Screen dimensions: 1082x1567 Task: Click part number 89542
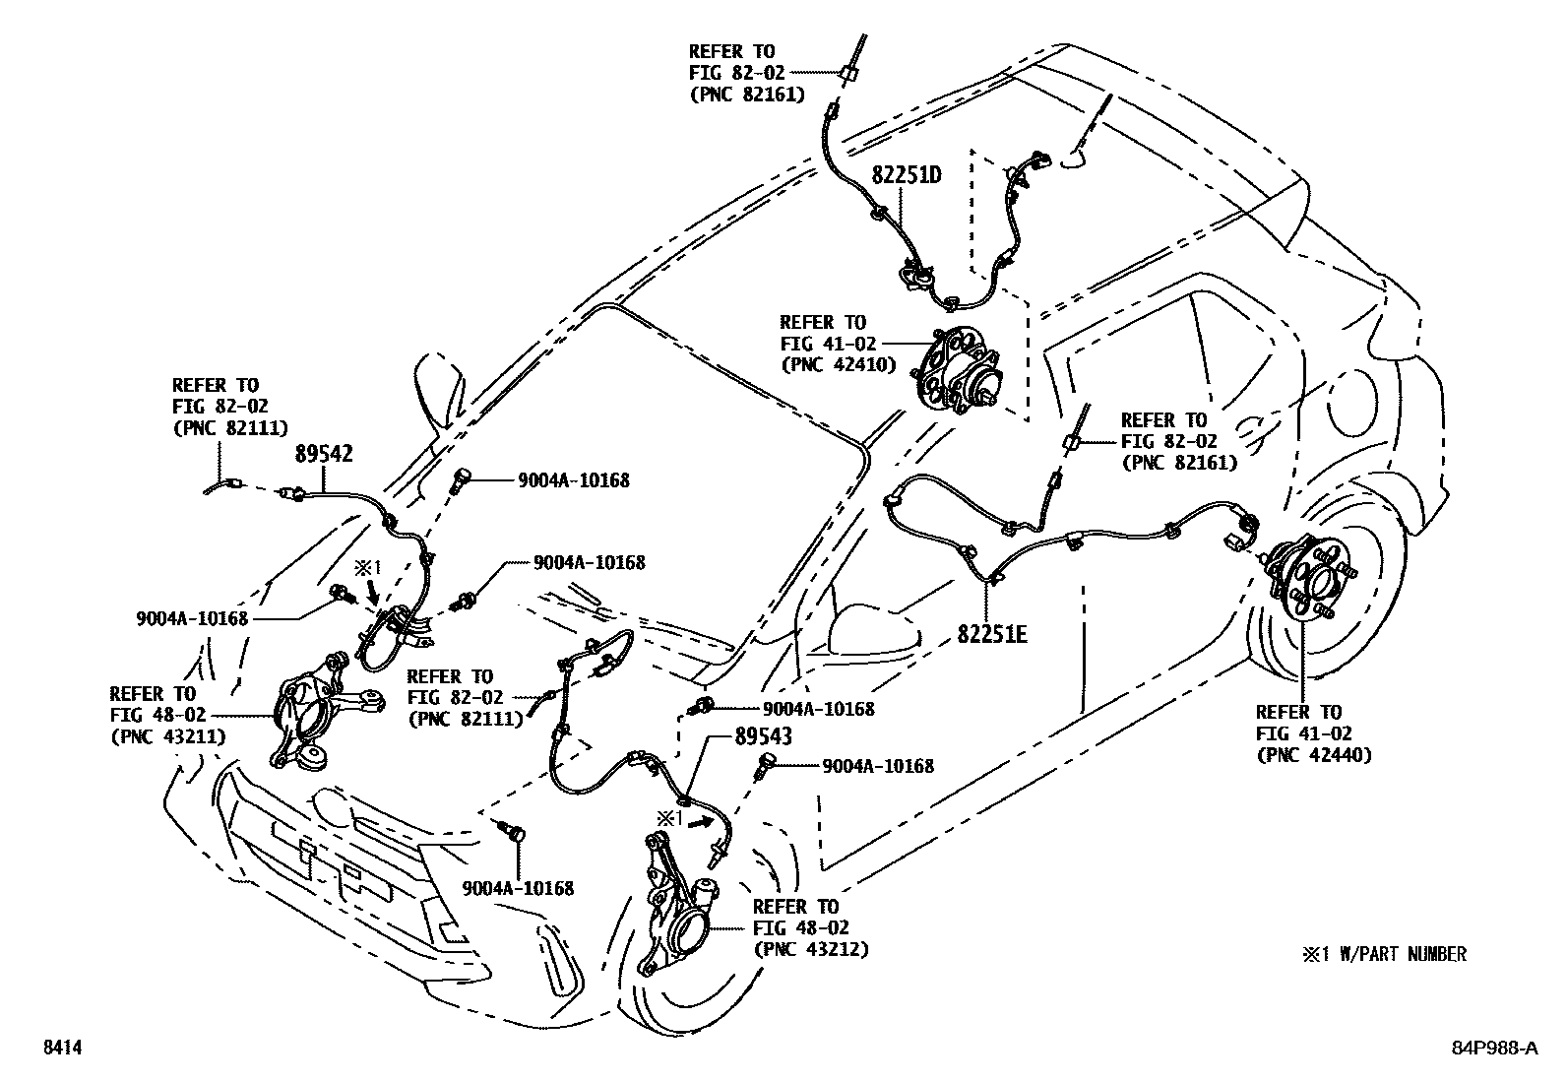click(x=324, y=454)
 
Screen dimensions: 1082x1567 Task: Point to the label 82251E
click(x=992, y=634)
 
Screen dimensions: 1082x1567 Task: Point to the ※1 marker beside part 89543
click(x=670, y=817)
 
